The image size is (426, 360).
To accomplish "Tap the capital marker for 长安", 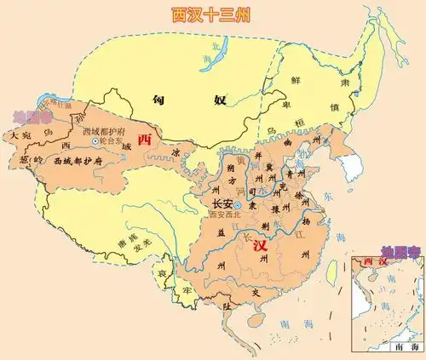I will point(238,205).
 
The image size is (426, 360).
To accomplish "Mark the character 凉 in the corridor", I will point(176,153).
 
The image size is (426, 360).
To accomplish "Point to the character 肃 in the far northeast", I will point(359,83).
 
